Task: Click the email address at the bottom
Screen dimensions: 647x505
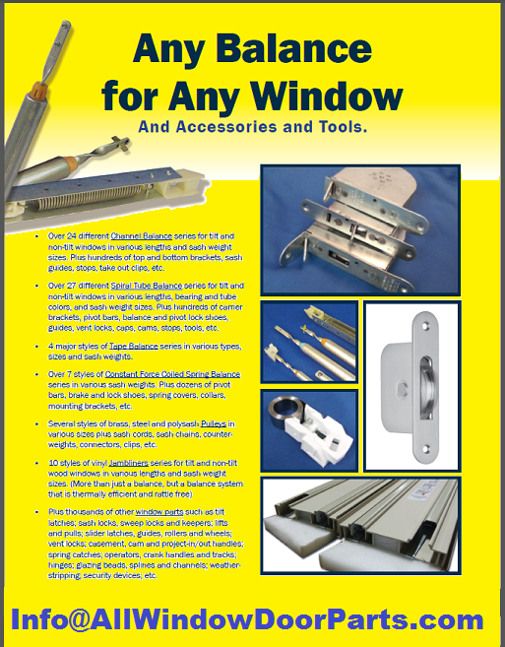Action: (x=247, y=620)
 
